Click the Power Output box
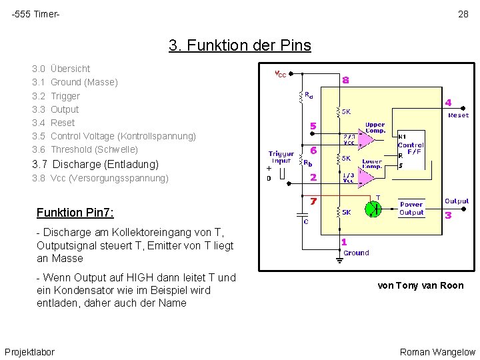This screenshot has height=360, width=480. point(411,208)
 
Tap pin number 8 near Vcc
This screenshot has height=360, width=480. point(345,80)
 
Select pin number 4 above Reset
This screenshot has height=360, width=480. point(448,103)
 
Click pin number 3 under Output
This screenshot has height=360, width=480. point(448,215)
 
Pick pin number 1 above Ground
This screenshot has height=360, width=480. point(344,243)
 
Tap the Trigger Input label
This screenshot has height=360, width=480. point(281,157)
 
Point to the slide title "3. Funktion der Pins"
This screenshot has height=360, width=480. point(240,45)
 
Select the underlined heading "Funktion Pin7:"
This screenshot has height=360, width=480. point(75,213)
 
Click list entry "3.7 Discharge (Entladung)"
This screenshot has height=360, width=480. point(95,164)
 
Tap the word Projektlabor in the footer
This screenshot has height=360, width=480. point(30,351)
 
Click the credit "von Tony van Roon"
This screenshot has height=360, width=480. point(420,285)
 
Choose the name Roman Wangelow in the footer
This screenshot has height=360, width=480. point(437,351)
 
